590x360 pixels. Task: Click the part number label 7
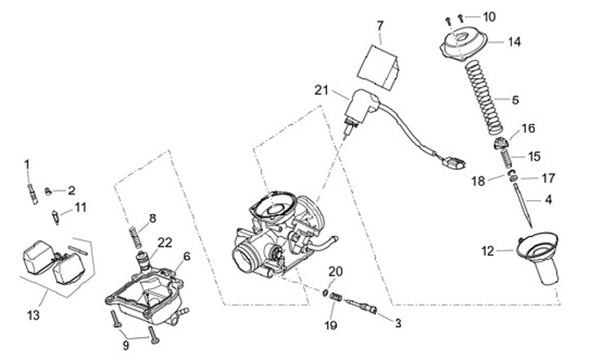(380, 27)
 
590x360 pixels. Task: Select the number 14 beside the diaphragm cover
(514, 41)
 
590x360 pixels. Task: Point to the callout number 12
(488, 252)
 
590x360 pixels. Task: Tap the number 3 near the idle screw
(398, 324)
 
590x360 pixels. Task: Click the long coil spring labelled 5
(487, 98)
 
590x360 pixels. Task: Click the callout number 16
(529, 128)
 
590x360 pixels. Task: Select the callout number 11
(79, 207)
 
